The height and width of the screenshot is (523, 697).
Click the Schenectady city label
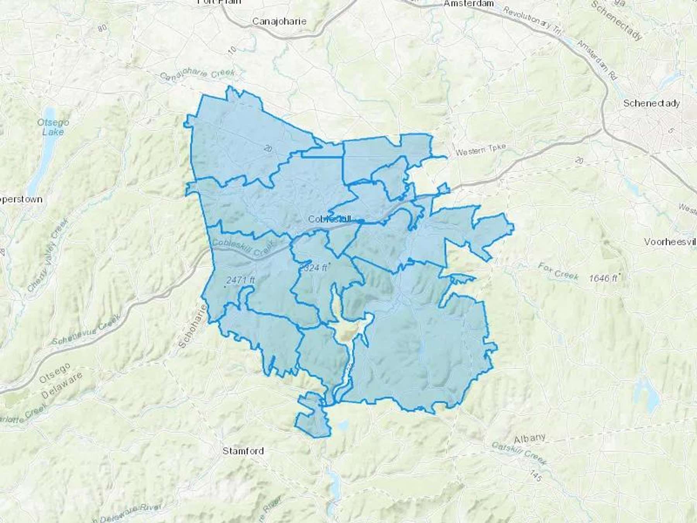[x=651, y=103]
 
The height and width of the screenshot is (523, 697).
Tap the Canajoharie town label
[x=279, y=21]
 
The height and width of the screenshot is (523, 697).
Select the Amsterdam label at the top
[x=469, y=3]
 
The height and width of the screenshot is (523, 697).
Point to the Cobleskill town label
[x=329, y=219]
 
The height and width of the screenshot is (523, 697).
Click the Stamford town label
[x=243, y=451]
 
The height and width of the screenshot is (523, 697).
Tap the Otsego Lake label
[x=53, y=127]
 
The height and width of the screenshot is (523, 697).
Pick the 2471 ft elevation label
[x=240, y=279]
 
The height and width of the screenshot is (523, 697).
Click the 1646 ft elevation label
[x=603, y=278]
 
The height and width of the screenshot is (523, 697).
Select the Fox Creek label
[x=558, y=271]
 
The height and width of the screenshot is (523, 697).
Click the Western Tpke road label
[x=481, y=150]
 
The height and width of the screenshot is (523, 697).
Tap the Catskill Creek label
[x=519, y=453]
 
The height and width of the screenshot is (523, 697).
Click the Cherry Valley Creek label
[x=48, y=256]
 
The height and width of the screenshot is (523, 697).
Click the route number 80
[x=103, y=28]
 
